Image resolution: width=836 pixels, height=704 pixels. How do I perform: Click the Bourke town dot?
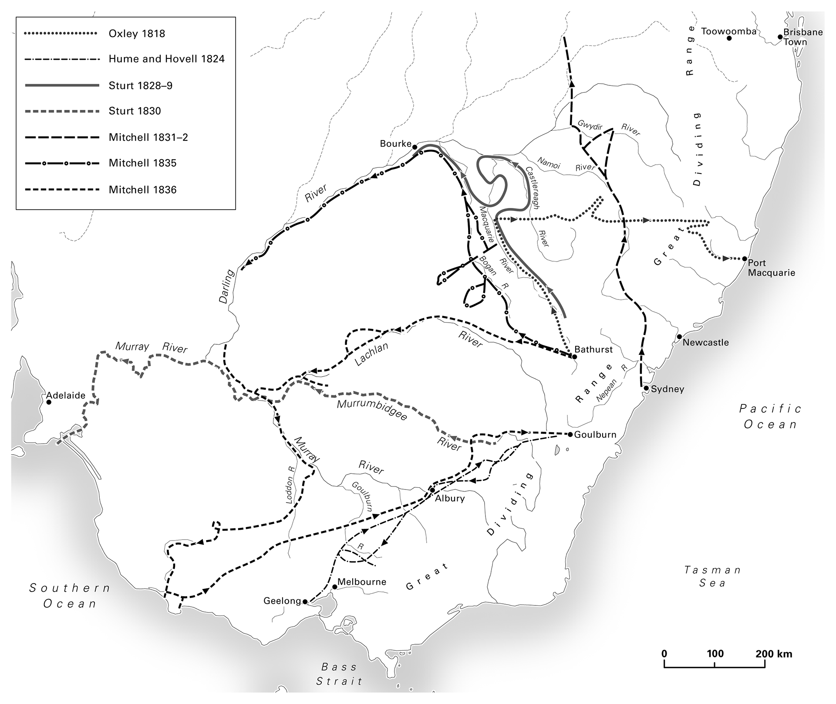[x=415, y=147]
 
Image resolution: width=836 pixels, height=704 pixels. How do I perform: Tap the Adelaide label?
[x=66, y=395]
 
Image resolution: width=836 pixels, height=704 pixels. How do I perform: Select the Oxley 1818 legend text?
[x=137, y=34]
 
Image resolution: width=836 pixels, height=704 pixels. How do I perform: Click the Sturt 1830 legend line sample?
[x=62, y=111]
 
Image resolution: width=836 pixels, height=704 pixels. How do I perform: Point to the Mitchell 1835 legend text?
[x=142, y=163]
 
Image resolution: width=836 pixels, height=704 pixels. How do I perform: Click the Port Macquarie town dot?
[x=745, y=259]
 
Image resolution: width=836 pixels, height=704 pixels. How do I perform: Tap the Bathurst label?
[x=593, y=349]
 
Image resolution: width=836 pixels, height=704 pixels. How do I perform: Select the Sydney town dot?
[x=647, y=388]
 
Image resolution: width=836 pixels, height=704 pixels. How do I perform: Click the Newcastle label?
[x=705, y=342]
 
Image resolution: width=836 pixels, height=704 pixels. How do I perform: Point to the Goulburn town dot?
[x=570, y=435]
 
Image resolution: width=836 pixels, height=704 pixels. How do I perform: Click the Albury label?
[x=450, y=498]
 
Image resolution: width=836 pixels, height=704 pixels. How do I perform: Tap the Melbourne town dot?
[x=334, y=587]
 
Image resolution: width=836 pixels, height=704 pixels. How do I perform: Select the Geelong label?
[x=282, y=601]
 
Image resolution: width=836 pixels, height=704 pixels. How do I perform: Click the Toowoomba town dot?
[x=729, y=38]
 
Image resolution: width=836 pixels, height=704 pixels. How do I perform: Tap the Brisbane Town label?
[x=802, y=37]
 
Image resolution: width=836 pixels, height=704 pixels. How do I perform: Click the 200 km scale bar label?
[x=774, y=654]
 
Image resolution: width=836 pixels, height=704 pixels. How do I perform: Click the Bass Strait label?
[x=339, y=674]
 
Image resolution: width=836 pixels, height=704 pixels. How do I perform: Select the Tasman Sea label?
[x=712, y=576]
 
